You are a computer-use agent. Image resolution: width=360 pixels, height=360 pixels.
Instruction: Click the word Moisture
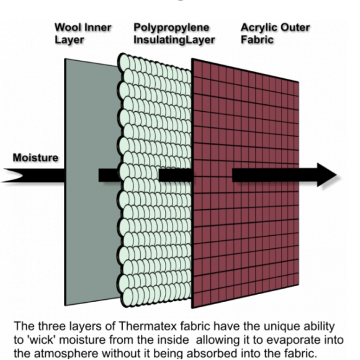pyautogui.click(x=35, y=158)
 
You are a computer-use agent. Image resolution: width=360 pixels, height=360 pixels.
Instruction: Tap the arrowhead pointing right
pyautogui.click(x=326, y=174)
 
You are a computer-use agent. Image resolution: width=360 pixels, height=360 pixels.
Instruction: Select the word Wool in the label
pyautogui.click(x=66, y=27)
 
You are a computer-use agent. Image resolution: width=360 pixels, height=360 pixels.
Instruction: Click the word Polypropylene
pyautogui.click(x=171, y=27)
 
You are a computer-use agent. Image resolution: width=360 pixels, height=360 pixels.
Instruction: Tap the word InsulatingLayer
pyautogui.click(x=174, y=40)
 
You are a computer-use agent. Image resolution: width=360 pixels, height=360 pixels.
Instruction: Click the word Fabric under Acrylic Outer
pyautogui.click(x=257, y=40)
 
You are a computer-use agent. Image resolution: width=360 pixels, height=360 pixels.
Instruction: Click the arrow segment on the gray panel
pyautogui.click(x=109, y=175)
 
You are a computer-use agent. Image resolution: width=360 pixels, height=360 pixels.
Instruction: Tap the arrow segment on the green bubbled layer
pyautogui.click(x=176, y=175)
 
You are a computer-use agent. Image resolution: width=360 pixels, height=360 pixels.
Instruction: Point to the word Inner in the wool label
pyautogui.click(x=96, y=27)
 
